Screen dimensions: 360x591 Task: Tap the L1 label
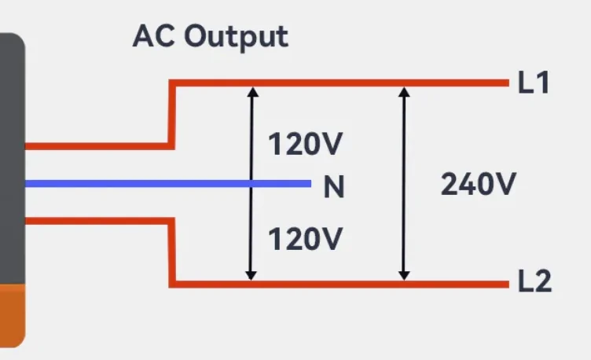[533, 83]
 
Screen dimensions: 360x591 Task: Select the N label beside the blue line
[334, 187]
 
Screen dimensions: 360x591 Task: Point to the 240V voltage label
[478, 184]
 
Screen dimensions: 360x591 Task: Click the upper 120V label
[306, 145]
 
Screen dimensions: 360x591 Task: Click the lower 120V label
[306, 237]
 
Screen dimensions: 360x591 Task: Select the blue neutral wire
[157, 184]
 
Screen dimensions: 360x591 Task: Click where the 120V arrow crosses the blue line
[251, 184]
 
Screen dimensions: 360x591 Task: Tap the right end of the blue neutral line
[309, 184]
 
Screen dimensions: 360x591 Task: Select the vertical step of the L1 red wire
[171, 114]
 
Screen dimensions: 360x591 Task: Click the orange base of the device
[12, 314]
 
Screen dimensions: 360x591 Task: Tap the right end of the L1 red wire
[506, 83]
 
